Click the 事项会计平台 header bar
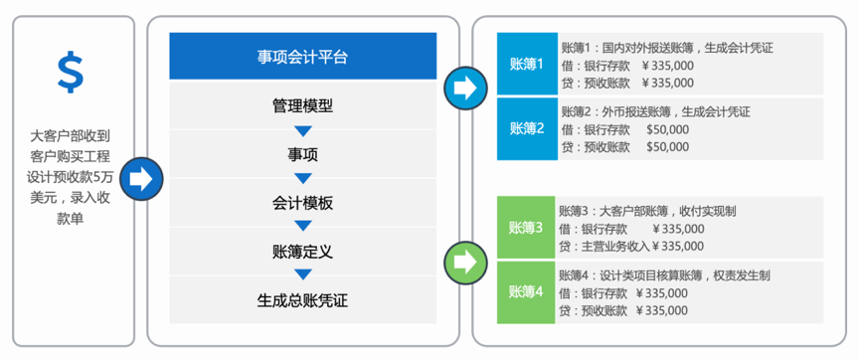pyautogui.click(x=302, y=57)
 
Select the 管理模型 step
pyautogui.click(x=302, y=105)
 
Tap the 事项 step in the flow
pyautogui.click(x=302, y=154)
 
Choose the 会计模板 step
pyautogui.click(x=302, y=203)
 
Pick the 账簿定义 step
pyautogui.click(x=302, y=251)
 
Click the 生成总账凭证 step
pyautogui.click(x=302, y=299)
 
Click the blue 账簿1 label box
pyautogui.click(x=527, y=65)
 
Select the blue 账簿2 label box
pyautogui.click(x=527, y=128)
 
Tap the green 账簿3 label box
pyautogui.click(x=526, y=228)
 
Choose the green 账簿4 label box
pyautogui.click(x=526, y=291)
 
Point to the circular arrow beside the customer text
pyautogui.click(x=140, y=179)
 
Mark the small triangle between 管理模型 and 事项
pyautogui.click(x=302, y=130)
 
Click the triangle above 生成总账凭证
pyautogui.click(x=302, y=275)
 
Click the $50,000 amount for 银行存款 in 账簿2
pyautogui.click(x=668, y=129)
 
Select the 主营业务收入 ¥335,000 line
pyautogui.click(x=631, y=246)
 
